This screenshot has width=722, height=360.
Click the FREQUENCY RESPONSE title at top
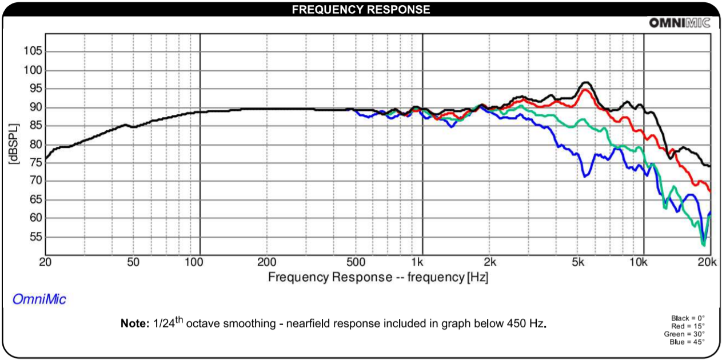pos(361,10)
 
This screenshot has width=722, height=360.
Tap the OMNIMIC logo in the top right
pos(679,23)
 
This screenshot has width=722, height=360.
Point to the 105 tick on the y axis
pos(32,51)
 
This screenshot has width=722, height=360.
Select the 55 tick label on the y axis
pos(34,237)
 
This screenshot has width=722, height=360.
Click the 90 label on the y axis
pos(34,107)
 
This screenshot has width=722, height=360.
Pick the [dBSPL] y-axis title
pos(13,144)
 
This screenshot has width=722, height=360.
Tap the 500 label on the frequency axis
pos(356,262)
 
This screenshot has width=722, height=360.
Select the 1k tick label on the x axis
pos(417,262)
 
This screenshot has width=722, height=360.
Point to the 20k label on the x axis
pos(707,262)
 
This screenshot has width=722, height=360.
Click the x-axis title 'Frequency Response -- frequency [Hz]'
pos(378,277)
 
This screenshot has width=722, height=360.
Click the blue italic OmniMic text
pos(39,299)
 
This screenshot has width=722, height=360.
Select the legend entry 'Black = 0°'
pos(688,318)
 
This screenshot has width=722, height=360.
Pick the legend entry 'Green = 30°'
pos(685,334)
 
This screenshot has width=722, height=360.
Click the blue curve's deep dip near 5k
pos(584,177)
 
